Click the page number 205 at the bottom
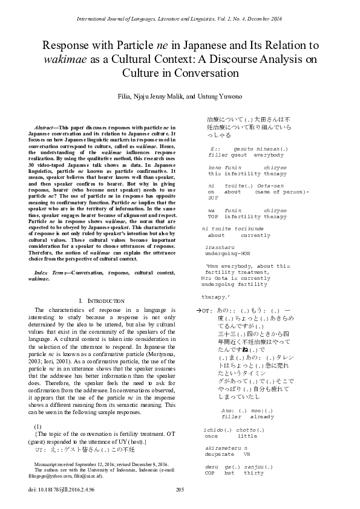180,489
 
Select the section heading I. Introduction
101,300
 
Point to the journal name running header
180,20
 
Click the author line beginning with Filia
180,97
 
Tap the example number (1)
38,427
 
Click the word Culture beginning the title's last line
164,74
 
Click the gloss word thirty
254,473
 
